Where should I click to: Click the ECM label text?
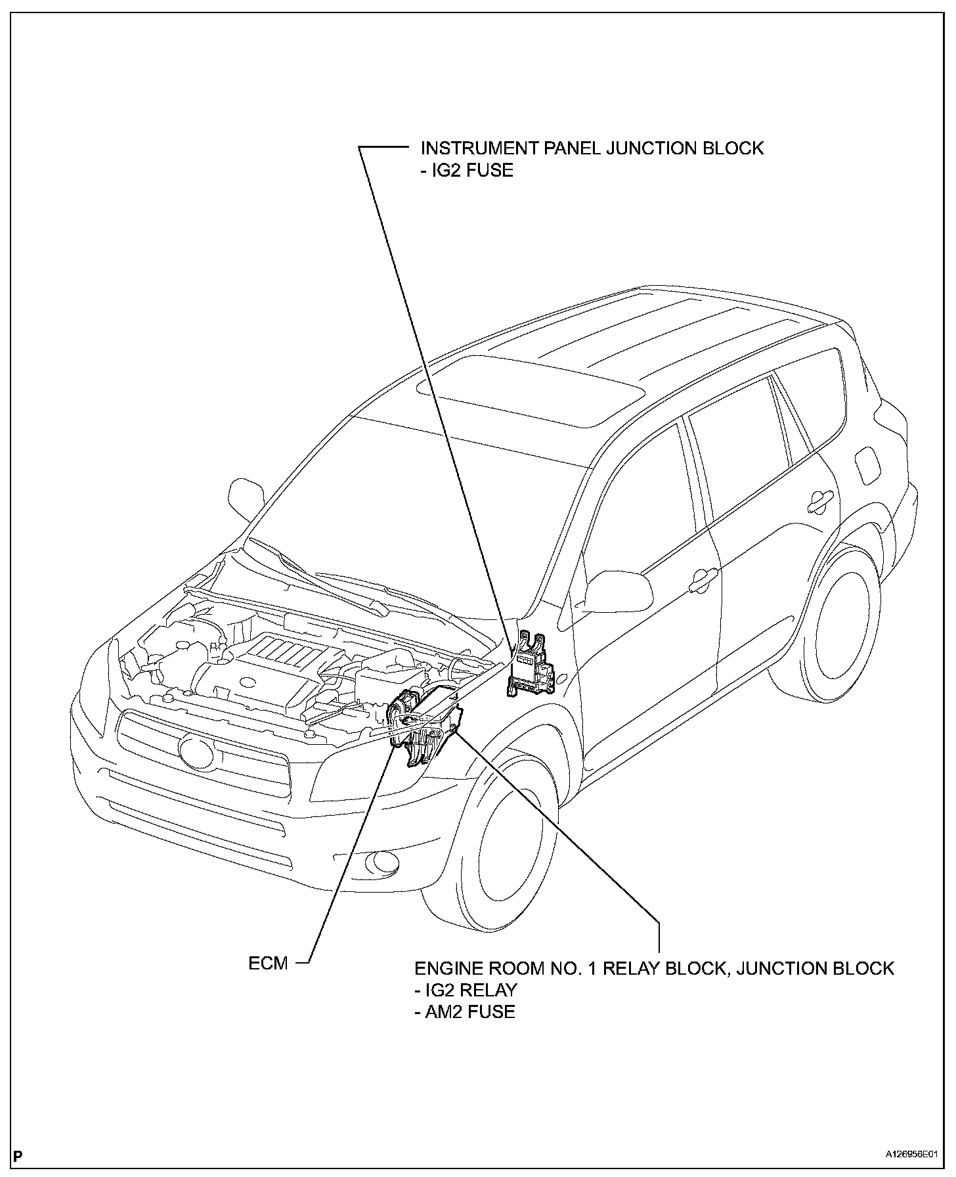(x=268, y=964)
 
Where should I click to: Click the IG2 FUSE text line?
(x=466, y=170)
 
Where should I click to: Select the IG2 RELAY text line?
(x=466, y=990)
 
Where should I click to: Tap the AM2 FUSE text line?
(x=465, y=1011)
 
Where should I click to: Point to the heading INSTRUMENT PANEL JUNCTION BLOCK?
(x=592, y=148)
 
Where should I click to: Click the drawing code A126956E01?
(x=914, y=1154)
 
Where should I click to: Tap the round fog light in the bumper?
(x=386, y=863)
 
